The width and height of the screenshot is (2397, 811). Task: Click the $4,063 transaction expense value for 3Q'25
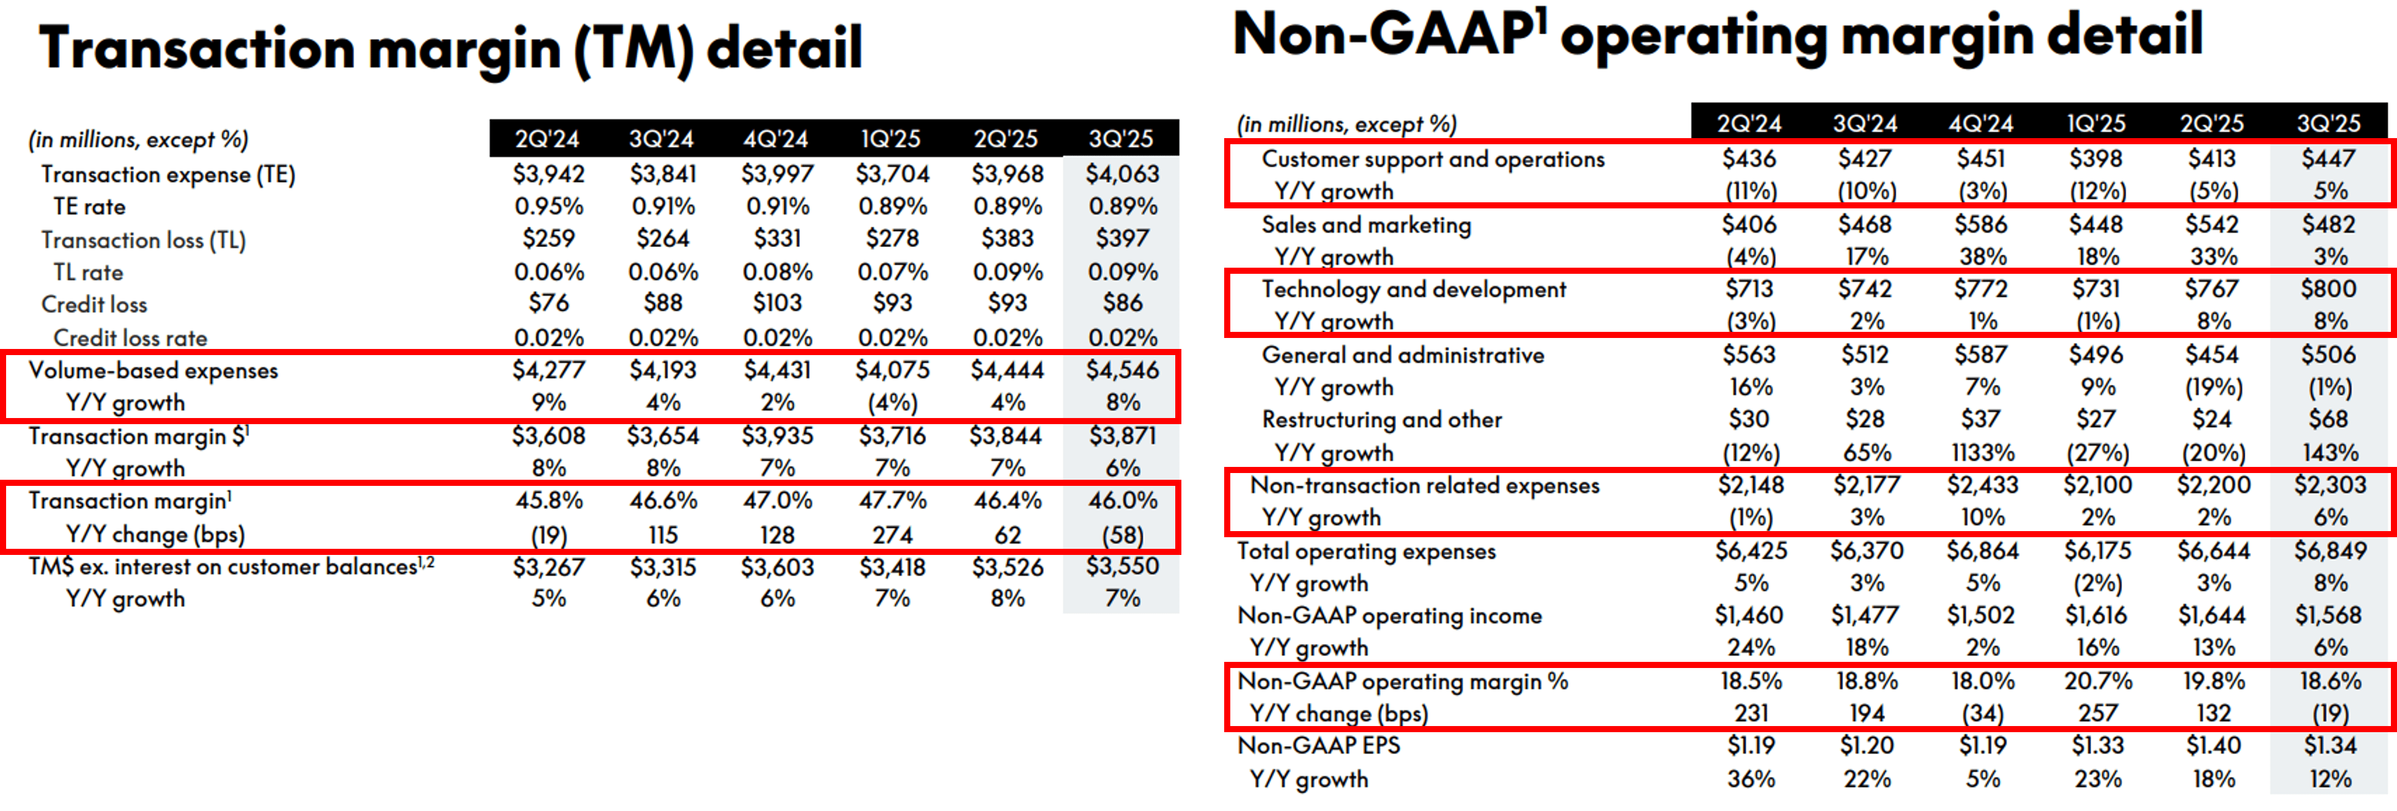click(1121, 174)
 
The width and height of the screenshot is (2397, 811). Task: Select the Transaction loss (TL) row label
click(143, 240)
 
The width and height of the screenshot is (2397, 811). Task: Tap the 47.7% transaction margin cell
click(892, 501)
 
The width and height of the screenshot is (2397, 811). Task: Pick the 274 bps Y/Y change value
click(892, 535)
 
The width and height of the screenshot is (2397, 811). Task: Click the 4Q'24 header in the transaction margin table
click(775, 139)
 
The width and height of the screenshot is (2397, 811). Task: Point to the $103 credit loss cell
click(777, 303)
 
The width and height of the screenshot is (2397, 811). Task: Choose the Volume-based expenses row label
click(153, 370)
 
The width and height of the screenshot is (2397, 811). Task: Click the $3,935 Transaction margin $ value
click(777, 435)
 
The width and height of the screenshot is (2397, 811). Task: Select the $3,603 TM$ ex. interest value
click(777, 567)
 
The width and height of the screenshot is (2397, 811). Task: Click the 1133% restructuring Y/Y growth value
click(1982, 453)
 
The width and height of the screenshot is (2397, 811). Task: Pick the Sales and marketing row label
click(1366, 224)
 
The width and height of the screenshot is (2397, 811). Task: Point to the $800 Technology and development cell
click(2328, 288)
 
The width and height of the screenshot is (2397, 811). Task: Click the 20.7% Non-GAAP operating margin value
click(2097, 681)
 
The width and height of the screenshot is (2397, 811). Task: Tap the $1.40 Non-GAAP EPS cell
click(2213, 745)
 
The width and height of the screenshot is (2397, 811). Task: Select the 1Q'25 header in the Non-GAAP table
click(2096, 123)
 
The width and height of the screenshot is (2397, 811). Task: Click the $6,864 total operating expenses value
click(1982, 551)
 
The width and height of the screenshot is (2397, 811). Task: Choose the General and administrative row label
click(1402, 354)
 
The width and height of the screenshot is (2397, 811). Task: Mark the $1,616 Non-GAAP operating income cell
click(2097, 615)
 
